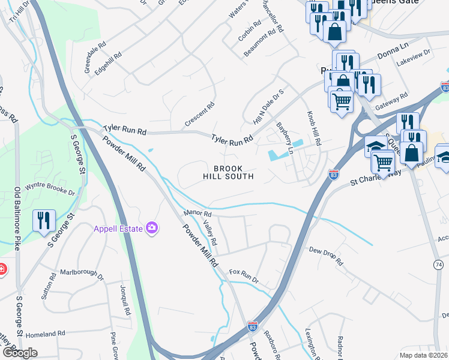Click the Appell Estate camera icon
point(153,227)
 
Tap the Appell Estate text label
point(118,228)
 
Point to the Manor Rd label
point(198,213)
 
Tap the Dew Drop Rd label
point(326,256)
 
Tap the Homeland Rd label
point(44,334)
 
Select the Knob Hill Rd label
point(315,128)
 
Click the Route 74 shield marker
point(438,264)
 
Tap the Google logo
point(20,353)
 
